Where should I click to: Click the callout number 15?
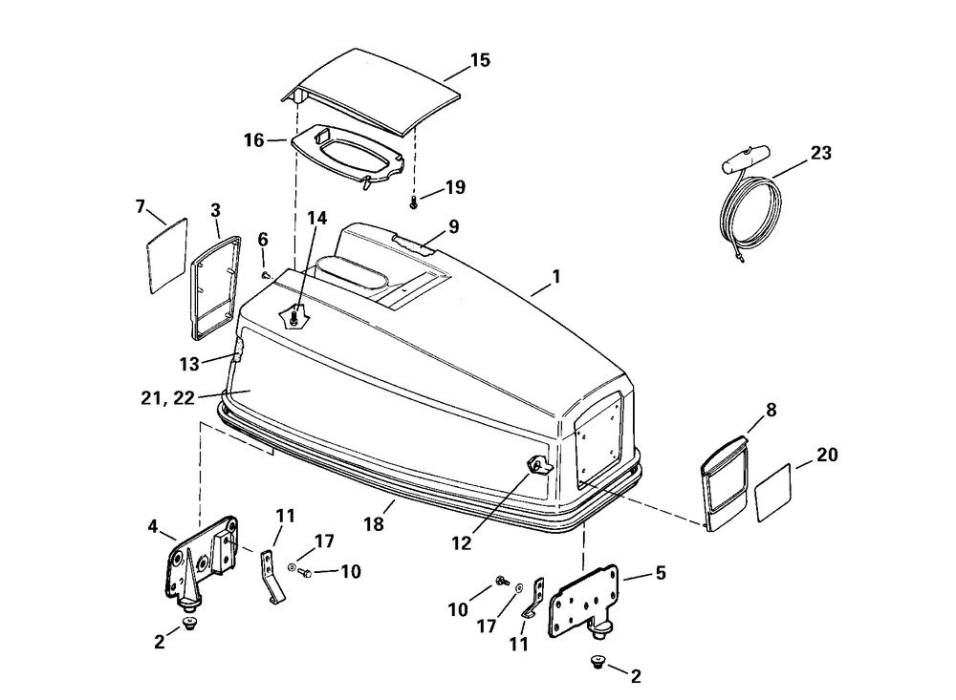pyautogui.click(x=480, y=60)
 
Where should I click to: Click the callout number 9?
pyautogui.click(x=453, y=226)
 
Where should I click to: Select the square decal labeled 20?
pyautogui.click(x=773, y=494)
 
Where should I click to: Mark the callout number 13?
pyautogui.click(x=190, y=363)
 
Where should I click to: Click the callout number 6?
pyautogui.click(x=263, y=239)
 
